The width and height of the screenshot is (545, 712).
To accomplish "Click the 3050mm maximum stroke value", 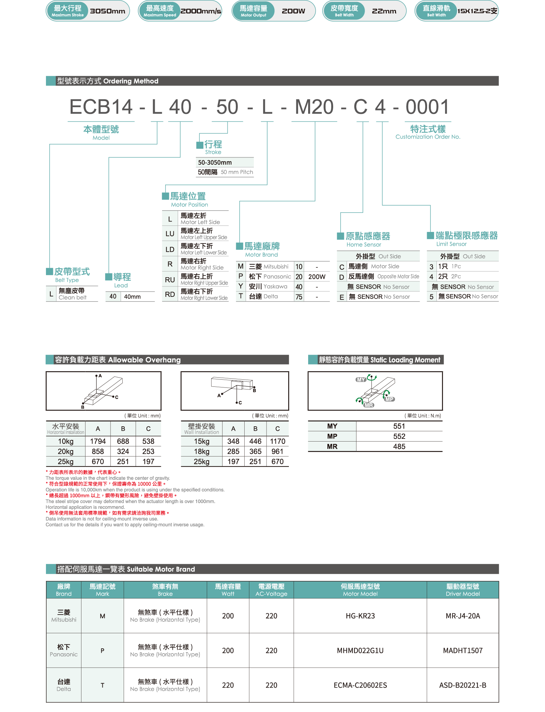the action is click(107, 11).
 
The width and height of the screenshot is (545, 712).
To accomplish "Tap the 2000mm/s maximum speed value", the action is click(201, 11).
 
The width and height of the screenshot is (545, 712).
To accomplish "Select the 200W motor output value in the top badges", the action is click(293, 11).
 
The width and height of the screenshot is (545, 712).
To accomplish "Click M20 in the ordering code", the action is click(314, 107).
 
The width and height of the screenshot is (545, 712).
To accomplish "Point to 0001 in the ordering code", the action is click(427, 107).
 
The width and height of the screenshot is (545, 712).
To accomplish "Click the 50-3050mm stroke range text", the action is click(215, 163).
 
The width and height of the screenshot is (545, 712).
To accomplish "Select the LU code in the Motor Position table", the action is click(170, 234).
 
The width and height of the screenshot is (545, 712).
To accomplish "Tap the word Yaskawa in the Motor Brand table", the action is click(275, 287).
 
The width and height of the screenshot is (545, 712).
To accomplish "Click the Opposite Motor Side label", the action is click(398, 277).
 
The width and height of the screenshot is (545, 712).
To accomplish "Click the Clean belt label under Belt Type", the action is click(73, 298).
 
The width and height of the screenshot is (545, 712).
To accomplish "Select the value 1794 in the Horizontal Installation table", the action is click(98, 442).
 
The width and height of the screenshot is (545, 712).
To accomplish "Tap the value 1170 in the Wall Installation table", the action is click(278, 442).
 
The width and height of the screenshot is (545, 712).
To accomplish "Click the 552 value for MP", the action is click(399, 436).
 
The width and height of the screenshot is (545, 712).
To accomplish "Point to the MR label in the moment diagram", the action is click(369, 405).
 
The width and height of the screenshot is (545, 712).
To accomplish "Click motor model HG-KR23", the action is click(360, 616).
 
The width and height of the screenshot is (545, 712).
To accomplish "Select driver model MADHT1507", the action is click(463, 650).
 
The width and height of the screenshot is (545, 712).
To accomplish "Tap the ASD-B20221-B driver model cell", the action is click(463, 685).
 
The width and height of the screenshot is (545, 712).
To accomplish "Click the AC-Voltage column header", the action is click(271, 594).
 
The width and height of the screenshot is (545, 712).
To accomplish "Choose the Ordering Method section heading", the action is click(108, 81).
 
